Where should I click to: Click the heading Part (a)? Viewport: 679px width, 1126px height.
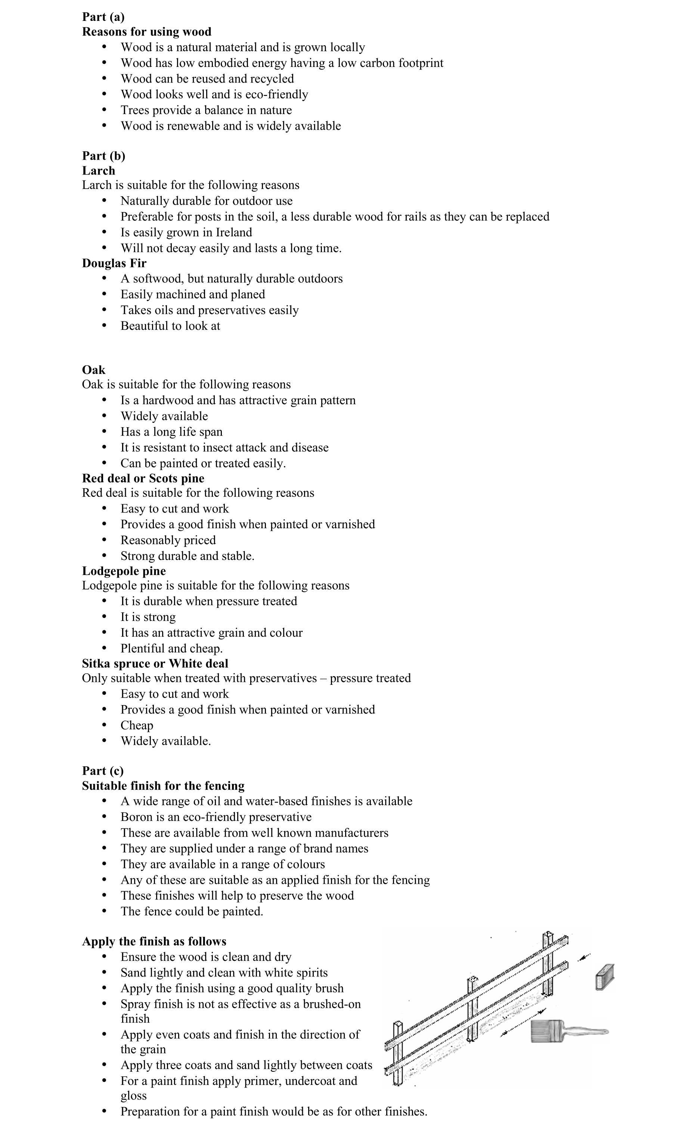(x=103, y=17)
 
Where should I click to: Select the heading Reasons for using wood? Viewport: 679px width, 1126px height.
(x=146, y=32)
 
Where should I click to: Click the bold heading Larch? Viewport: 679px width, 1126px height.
(x=98, y=171)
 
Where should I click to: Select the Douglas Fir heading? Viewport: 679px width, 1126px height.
(x=114, y=263)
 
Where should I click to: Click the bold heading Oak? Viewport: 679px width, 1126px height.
(x=94, y=370)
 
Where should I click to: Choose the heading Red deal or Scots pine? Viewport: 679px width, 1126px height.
(x=143, y=479)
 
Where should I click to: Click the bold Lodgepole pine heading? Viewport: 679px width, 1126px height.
(x=124, y=571)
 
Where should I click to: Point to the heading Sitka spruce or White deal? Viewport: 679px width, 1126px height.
(x=155, y=664)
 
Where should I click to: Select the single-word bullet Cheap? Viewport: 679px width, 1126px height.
(x=137, y=725)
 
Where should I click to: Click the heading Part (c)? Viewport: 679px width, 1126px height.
(x=103, y=770)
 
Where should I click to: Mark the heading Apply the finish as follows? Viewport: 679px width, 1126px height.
(x=154, y=941)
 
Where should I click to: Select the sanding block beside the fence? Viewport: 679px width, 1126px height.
(x=605, y=978)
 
